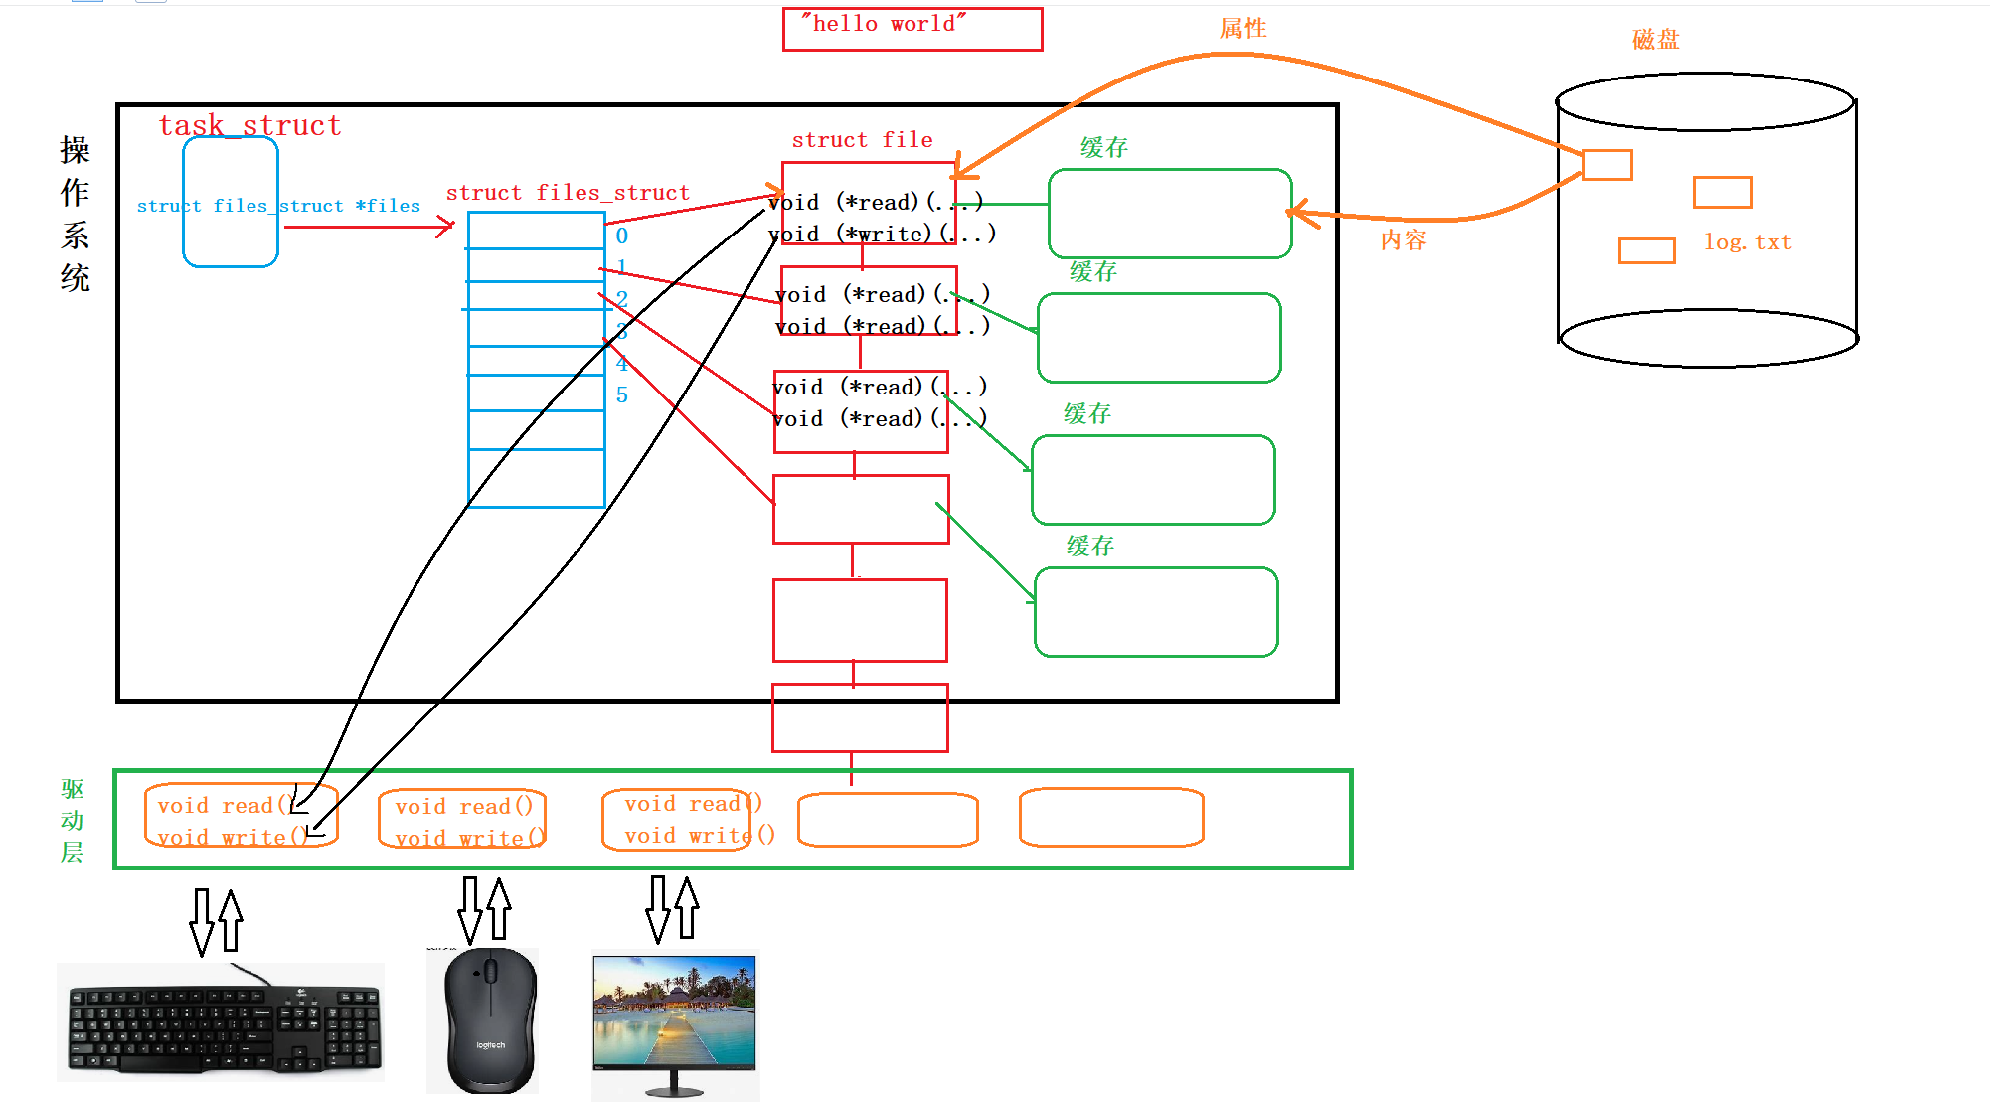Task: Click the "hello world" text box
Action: pos(912,29)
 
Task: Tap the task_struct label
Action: pos(249,125)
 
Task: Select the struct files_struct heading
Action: pos(568,193)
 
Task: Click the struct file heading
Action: pos(862,140)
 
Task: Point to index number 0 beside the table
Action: pos(622,236)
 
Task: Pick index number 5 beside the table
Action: pos(622,395)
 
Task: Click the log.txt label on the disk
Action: pos(1747,242)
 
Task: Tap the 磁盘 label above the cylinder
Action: pos(1655,40)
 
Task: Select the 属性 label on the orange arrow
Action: pos(1243,29)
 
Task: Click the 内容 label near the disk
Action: pos(1404,240)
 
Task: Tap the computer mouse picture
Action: pos(489,1022)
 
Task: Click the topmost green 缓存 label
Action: pos(1103,148)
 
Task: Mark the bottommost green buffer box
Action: pos(1156,612)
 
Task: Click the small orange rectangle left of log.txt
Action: pos(1646,250)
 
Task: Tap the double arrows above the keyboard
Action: pos(217,922)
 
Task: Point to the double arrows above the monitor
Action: pos(673,908)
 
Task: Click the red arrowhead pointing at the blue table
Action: pos(445,228)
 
